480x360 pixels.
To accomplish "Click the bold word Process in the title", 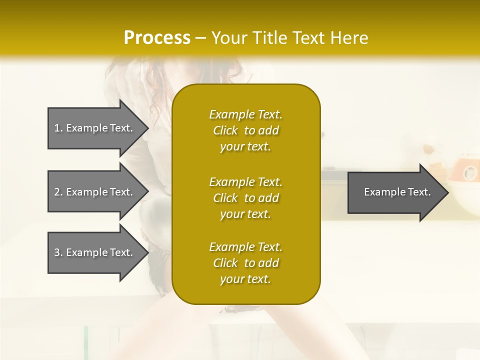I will tap(157, 38).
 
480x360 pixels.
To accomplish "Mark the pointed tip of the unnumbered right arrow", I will tap(447, 192).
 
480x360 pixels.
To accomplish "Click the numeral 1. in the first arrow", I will tap(58, 128).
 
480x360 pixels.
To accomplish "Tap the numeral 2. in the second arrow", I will tap(58, 192).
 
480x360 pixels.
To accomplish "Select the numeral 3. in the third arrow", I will tap(58, 252).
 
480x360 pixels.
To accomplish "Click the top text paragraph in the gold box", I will tap(245, 130).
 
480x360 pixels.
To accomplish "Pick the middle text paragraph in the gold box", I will tap(245, 198).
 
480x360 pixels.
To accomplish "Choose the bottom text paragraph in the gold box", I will tap(245, 263).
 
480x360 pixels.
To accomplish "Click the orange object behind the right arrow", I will tap(465, 170).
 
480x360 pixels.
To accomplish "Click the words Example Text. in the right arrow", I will tap(397, 192).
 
